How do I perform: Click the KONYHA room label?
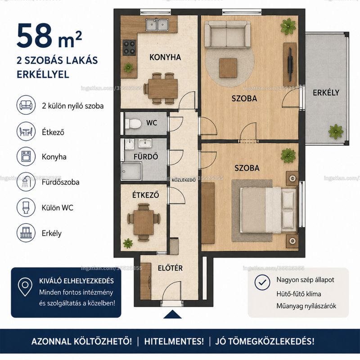pos(165,57)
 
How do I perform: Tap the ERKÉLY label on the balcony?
pos(326,93)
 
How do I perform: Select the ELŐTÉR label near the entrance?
pos(170,268)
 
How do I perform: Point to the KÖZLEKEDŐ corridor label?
pos(184,180)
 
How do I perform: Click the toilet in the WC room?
pos(133,123)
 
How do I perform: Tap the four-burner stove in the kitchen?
pos(129,48)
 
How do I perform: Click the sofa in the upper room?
pos(227,35)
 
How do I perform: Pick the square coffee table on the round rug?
pos(228,68)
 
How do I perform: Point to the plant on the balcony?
pos(336,131)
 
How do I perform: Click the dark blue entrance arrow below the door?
pos(172,315)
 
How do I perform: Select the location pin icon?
pos(25,287)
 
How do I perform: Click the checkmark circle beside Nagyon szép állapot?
pos(262,282)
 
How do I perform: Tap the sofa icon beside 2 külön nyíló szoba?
pos(26,105)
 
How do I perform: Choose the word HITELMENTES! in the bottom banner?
pos(174,341)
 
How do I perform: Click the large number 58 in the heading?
pos(35,36)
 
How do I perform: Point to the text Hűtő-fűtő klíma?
pos(299,294)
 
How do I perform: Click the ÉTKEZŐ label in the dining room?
pos(145,195)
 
